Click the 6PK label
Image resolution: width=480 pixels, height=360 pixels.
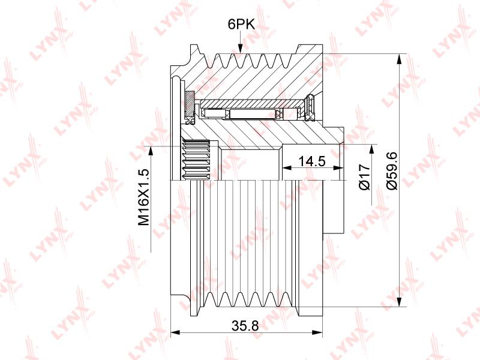pos(241,24)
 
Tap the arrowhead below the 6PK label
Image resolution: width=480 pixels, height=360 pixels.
pos(241,47)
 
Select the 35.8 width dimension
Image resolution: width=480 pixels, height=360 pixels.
pos(245,326)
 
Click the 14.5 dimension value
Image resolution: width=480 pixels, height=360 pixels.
pos(311,161)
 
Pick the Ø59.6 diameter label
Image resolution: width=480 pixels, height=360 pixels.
pos(392,171)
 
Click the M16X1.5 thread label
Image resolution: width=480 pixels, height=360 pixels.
pos(143,197)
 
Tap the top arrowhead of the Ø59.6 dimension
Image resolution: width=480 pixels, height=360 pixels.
pos(398,59)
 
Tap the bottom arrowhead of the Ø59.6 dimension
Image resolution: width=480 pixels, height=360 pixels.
pos(398,301)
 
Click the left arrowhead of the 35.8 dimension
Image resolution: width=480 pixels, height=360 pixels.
pos(175,332)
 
